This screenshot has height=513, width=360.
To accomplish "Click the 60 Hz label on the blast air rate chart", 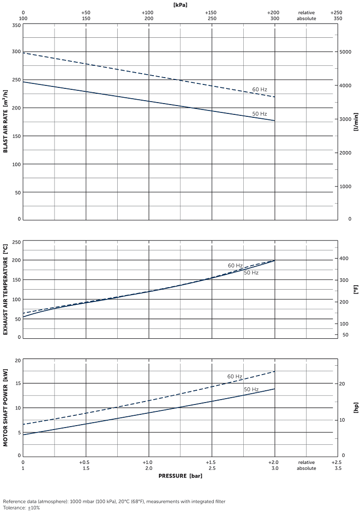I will [259, 89].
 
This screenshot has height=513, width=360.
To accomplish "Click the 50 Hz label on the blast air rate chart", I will [259, 114].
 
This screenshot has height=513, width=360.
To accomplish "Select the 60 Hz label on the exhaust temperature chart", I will [235, 266].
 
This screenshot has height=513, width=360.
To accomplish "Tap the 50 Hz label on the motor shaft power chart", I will [251, 389].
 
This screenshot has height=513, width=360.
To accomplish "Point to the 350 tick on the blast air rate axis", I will [16, 25].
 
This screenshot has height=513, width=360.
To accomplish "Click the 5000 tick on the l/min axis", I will [346, 52].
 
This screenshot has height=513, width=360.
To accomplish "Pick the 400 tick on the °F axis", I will [345, 259].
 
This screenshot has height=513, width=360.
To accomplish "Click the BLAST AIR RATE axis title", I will [6, 121].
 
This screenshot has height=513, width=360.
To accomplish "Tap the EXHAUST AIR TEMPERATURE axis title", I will [6, 290].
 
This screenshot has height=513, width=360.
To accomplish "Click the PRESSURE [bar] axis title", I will [180, 476].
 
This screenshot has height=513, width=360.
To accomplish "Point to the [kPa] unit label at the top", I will [180, 4].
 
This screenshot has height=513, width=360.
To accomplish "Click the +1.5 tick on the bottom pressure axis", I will [211, 462].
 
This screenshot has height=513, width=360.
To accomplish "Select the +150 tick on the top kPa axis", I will [211, 12].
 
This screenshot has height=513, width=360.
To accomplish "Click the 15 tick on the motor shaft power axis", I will [18, 383].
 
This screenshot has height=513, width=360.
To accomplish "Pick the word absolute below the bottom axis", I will [306, 468].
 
